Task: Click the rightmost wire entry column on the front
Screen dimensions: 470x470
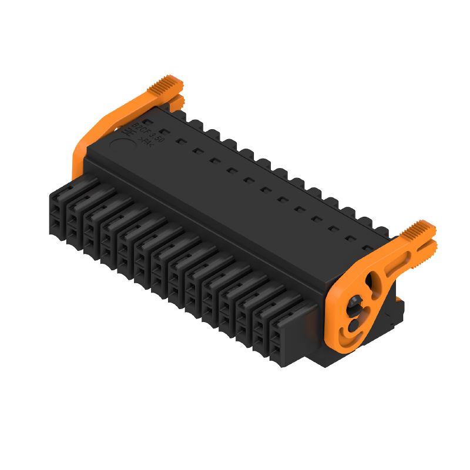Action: [x=275, y=341]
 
